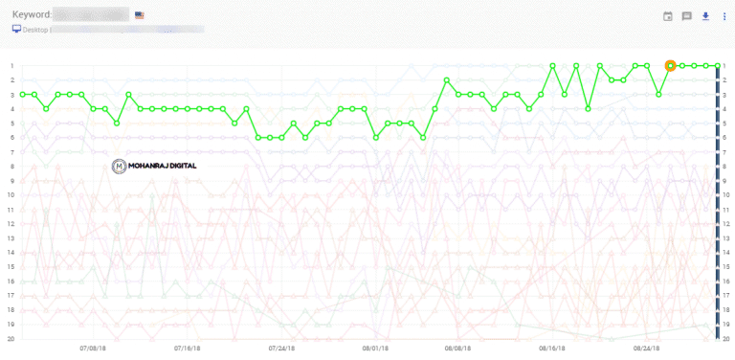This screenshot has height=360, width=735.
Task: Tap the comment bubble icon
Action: (686, 16)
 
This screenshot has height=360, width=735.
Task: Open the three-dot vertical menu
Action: (724, 16)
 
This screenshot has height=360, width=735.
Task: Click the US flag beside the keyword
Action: (140, 15)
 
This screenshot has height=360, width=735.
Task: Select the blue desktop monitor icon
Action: (16, 29)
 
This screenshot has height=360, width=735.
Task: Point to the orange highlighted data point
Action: (670, 65)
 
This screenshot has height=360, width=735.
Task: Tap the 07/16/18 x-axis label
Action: (188, 349)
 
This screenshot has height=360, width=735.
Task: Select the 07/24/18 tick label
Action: (281, 349)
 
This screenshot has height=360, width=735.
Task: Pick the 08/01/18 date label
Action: (374, 349)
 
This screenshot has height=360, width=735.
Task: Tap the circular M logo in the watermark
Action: (119, 166)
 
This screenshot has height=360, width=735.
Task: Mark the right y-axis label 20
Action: (727, 338)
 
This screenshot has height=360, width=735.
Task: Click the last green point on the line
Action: (717, 65)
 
